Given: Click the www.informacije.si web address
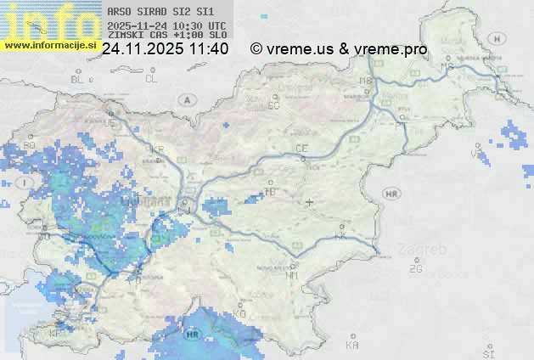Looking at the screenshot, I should pyautogui.click(x=49, y=45).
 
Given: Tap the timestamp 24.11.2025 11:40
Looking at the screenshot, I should pyautogui.click(x=165, y=49).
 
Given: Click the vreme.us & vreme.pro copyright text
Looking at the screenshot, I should pyautogui.click(x=339, y=49).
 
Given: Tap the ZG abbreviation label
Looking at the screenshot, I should pyautogui.click(x=415, y=269).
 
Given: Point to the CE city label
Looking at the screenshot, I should pyautogui.click(x=301, y=149).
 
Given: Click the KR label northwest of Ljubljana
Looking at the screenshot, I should pyautogui.click(x=156, y=149).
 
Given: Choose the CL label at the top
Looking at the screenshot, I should pyautogui.click(x=151, y=79).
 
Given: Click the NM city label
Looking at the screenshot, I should pyautogui.click(x=292, y=276).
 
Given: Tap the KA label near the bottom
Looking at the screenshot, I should pyautogui.click(x=352, y=346).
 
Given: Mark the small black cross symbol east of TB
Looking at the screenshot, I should pyautogui.click(x=310, y=202).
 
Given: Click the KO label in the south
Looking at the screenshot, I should pyautogui.click(x=239, y=314).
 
